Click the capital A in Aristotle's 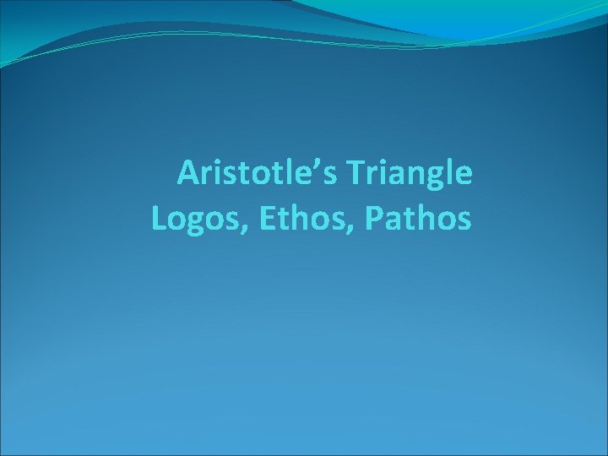(x=188, y=174)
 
